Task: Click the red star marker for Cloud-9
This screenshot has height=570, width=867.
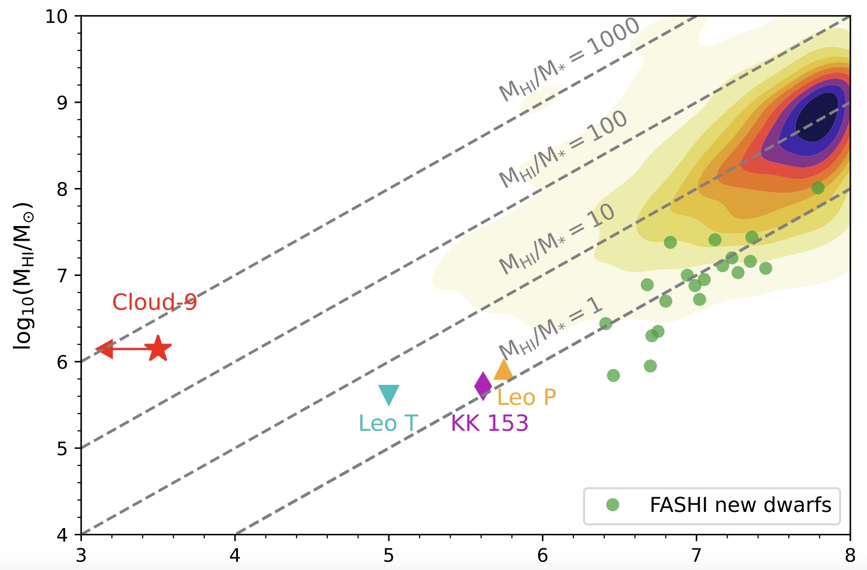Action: click(x=158, y=349)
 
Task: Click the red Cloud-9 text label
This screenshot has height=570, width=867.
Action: click(x=154, y=302)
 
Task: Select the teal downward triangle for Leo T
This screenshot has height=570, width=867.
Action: click(x=389, y=394)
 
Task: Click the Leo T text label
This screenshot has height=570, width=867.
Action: click(x=388, y=423)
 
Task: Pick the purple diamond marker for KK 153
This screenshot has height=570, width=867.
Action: click(x=483, y=386)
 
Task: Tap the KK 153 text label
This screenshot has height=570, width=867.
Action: click(x=489, y=423)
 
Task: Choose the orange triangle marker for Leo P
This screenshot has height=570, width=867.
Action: click(x=503, y=370)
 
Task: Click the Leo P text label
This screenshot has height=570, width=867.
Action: click(x=526, y=397)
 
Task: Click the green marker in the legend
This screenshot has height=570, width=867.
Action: click(x=612, y=505)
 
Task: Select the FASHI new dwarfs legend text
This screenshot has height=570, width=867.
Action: click(x=740, y=505)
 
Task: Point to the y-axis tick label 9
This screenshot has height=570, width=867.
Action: click(x=62, y=103)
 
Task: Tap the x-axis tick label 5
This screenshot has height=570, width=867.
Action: click(x=389, y=555)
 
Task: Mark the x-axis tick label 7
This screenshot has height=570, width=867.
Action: click(x=696, y=555)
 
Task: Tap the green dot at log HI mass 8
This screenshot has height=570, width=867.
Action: click(x=818, y=188)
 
